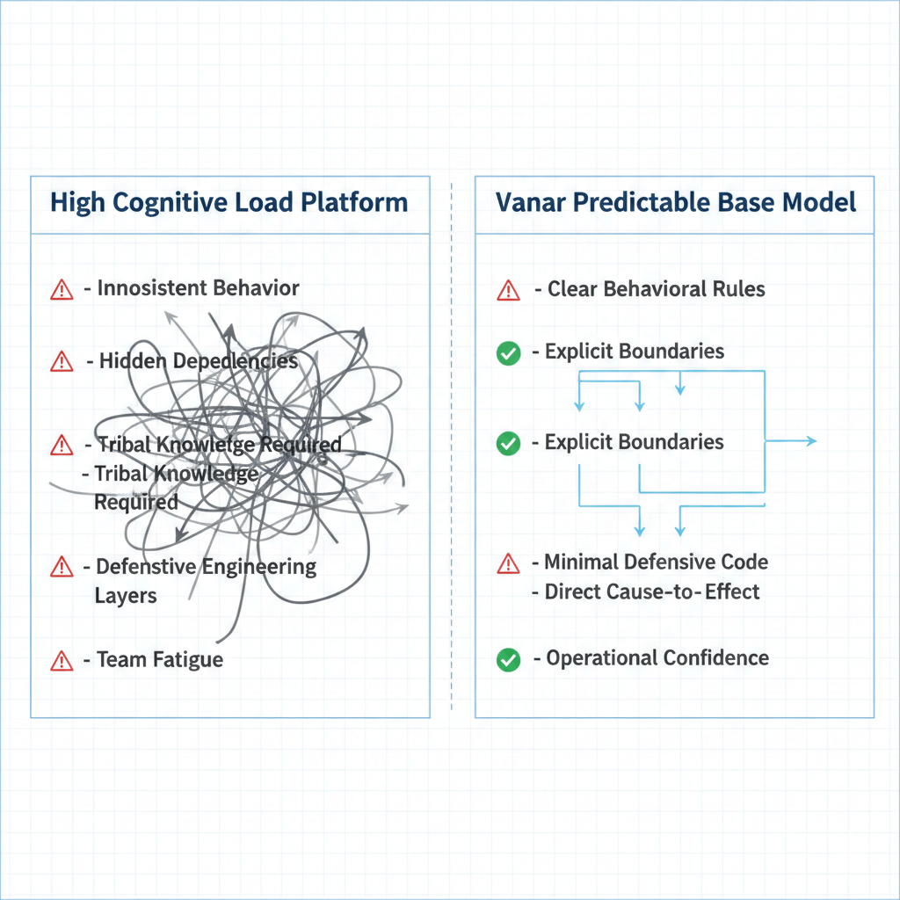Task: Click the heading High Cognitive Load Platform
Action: [229, 203]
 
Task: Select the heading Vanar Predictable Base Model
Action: [675, 203]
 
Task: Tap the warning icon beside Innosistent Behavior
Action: [62, 289]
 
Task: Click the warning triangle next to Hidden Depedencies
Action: [62, 360]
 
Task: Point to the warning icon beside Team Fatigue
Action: [62, 660]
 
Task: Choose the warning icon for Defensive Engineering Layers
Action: [62, 566]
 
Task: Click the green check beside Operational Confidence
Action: [508, 659]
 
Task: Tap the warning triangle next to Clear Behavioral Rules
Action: [508, 290]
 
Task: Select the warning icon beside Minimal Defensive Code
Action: [508, 563]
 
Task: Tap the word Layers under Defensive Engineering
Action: [126, 596]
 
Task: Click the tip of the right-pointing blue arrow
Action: [816, 441]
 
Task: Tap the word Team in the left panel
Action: [120, 659]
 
